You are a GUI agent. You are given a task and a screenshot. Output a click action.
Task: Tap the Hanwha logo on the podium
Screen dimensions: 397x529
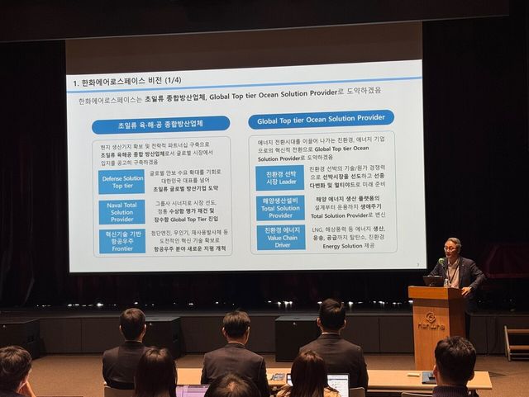pos(431,319)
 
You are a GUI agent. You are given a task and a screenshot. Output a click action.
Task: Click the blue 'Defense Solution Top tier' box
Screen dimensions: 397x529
pos(122,182)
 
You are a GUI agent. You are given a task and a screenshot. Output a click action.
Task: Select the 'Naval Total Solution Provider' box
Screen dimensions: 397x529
pos(122,211)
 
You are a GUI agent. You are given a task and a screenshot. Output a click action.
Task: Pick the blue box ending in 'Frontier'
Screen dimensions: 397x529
pos(122,241)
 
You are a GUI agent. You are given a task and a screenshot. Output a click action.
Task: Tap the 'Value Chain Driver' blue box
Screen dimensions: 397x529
pos(279,237)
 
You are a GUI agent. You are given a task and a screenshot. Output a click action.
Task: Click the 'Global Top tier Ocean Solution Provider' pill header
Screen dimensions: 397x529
pos(321,121)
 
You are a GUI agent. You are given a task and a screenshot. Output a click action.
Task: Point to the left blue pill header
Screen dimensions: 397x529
pos(160,125)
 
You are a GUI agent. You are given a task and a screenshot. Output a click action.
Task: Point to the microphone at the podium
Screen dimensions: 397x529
pos(442,264)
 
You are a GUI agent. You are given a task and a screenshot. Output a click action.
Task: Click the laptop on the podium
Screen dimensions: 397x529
pos(432,281)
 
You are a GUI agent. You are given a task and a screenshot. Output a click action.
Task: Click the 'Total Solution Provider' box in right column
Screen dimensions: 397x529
pos(279,207)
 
